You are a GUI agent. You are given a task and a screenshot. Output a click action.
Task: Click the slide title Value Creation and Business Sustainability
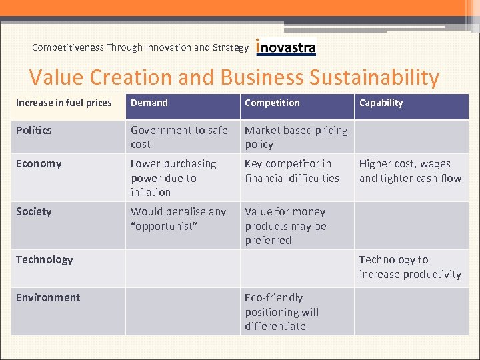coord(234,77)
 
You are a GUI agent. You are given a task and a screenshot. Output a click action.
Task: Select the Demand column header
coord(149,103)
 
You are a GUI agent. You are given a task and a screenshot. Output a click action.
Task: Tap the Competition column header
coord(272,103)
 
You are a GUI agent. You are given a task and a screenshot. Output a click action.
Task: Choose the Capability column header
coord(381,103)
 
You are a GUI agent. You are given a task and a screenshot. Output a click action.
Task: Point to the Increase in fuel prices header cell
coord(64,103)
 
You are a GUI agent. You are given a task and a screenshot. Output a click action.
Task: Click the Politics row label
coord(33,130)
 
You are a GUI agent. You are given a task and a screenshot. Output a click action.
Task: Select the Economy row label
coord(39,164)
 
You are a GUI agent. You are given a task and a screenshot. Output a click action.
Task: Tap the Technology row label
coord(44,259)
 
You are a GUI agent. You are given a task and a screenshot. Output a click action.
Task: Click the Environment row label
coord(48,297)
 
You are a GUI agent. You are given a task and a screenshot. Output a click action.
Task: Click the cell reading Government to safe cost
coord(179,137)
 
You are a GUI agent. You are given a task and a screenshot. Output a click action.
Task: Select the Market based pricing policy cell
coord(295,137)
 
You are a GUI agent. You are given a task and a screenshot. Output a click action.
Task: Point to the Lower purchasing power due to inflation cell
coord(173,178)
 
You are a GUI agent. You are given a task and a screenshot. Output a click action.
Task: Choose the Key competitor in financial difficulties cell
coord(291,171)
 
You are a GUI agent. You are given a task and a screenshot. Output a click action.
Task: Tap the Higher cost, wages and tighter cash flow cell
coord(410,171)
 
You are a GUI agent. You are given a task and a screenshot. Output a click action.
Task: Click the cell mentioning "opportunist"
coord(178,219)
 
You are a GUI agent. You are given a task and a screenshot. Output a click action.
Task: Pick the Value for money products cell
coord(285,226)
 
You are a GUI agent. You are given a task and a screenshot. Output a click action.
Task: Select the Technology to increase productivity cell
coord(410,267)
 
